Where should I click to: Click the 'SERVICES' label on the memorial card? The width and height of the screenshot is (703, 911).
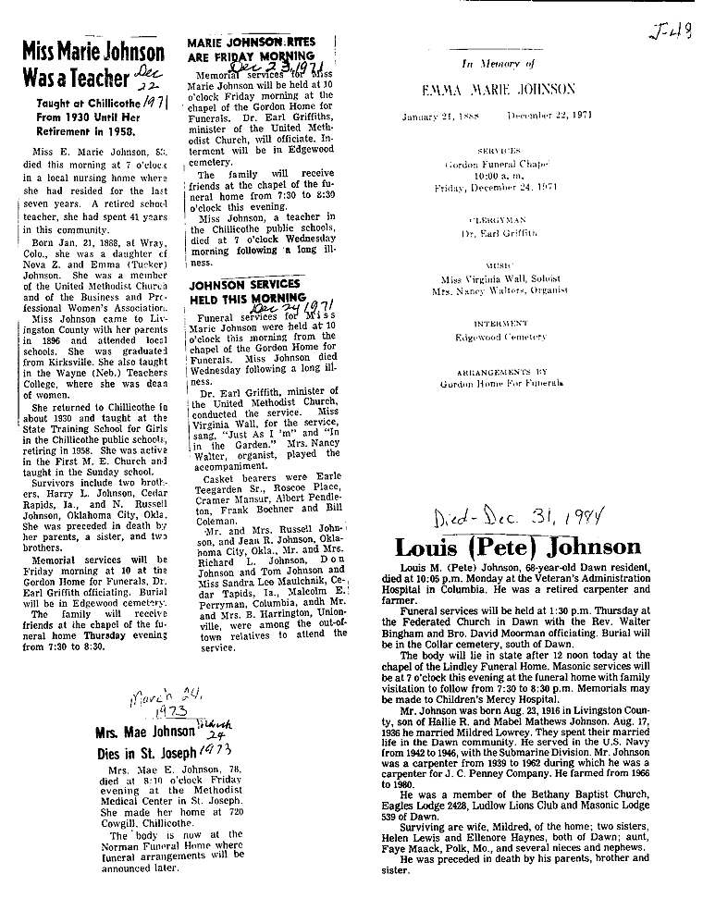[x=499, y=149]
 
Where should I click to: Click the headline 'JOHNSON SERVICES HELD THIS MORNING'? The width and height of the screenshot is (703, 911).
[x=244, y=291]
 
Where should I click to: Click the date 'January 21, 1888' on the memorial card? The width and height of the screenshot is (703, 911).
[x=440, y=117]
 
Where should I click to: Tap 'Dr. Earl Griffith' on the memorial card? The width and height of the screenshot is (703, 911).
[x=499, y=236]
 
